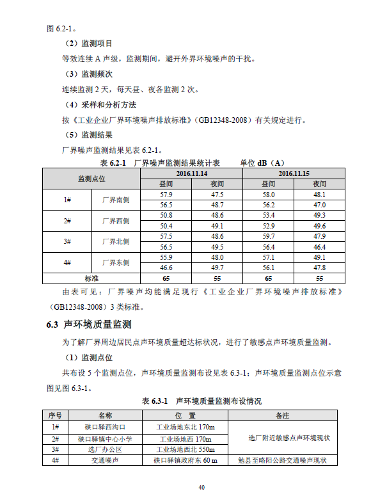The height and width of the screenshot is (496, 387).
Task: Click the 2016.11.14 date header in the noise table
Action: pyautogui.click(x=191, y=173)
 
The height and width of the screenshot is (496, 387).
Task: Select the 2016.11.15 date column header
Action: pyautogui.click(x=294, y=173)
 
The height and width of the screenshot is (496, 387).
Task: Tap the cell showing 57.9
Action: pyautogui.click(x=166, y=195)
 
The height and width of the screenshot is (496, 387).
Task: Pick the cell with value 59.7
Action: pyautogui.click(x=268, y=236)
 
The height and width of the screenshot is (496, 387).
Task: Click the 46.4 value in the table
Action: pyautogui.click(x=319, y=247)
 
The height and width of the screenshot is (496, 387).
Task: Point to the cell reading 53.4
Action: pyautogui.click(x=268, y=215)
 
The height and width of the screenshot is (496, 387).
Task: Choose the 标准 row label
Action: pyautogui.click(x=91, y=278)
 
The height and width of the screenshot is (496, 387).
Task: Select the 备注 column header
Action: pyautogui.click(x=282, y=416)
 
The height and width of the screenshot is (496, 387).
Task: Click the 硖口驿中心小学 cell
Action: pyautogui.click(x=105, y=438)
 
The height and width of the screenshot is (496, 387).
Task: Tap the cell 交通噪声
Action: pyautogui.click(x=105, y=460)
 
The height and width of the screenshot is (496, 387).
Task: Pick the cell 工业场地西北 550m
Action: pyautogui.click(x=186, y=449)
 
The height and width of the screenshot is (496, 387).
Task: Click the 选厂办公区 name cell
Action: pyautogui.click(x=105, y=449)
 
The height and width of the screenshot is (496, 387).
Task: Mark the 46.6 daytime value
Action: pyautogui.click(x=166, y=268)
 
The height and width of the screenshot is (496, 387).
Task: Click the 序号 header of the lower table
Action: pyautogui.click(x=55, y=416)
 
